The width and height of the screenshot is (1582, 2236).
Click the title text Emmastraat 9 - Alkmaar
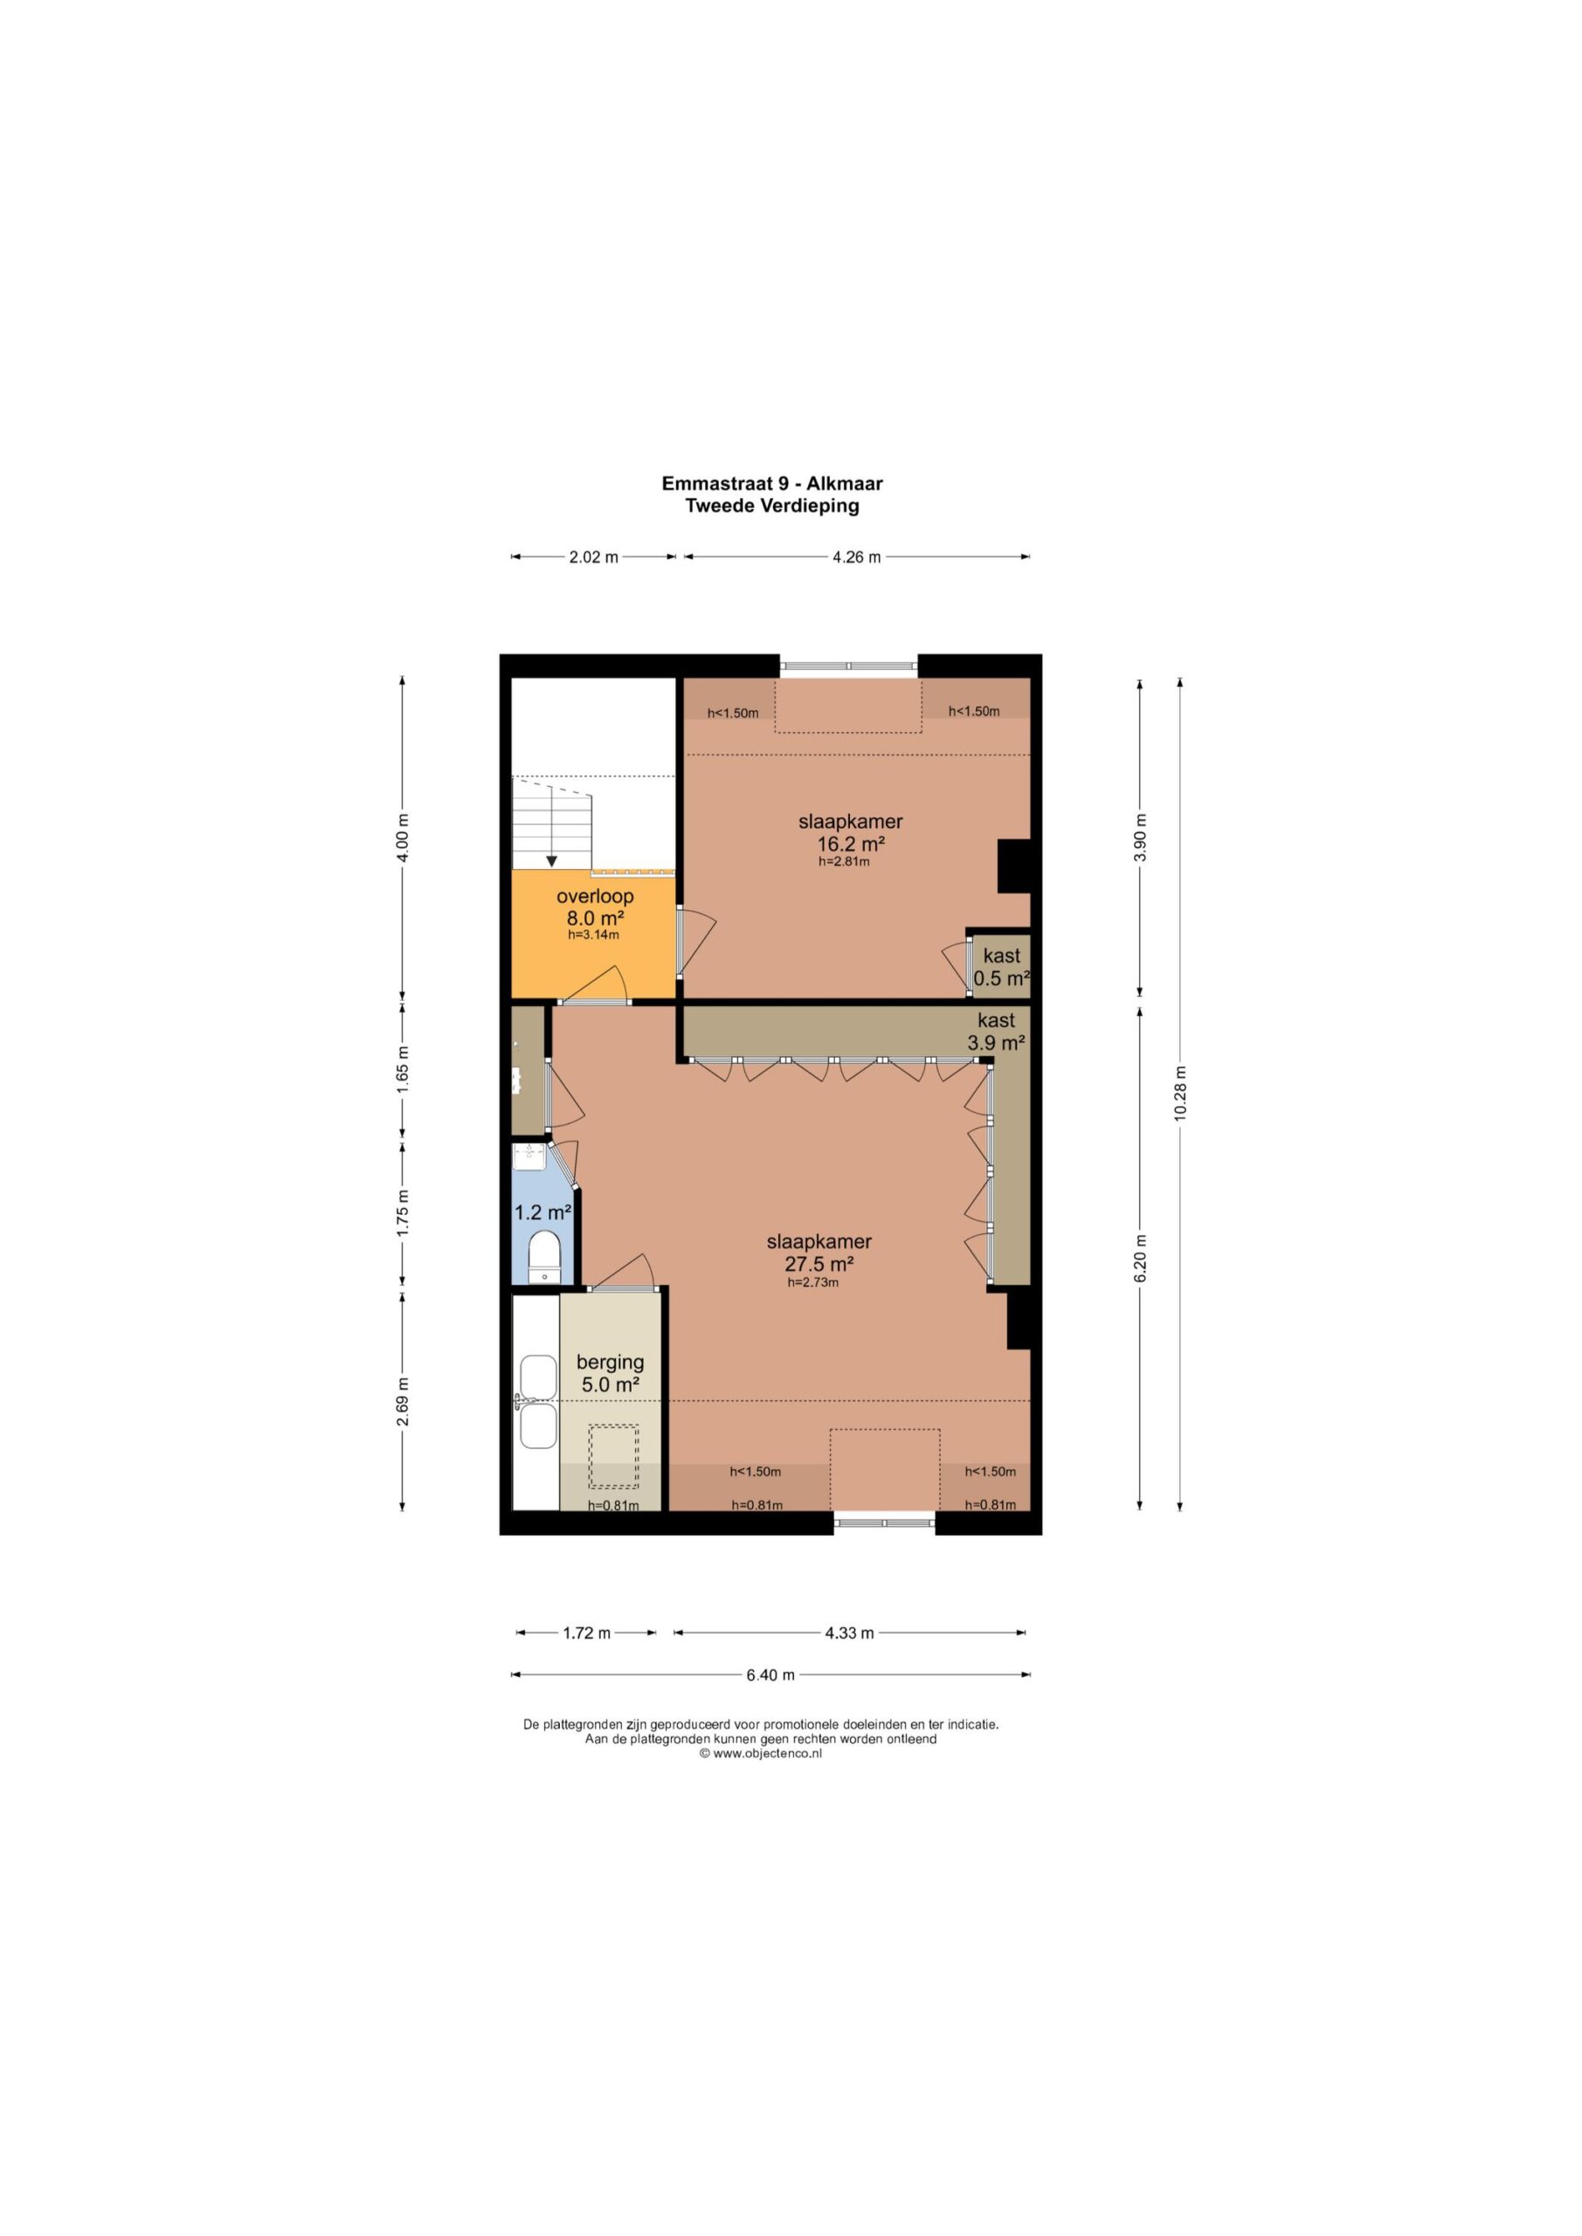771,483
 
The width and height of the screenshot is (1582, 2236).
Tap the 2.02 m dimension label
593,557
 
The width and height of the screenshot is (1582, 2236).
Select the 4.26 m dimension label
856,557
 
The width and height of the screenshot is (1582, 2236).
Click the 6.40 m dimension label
770,1675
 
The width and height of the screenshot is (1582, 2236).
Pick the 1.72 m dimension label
586,1633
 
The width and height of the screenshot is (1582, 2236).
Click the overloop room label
595,896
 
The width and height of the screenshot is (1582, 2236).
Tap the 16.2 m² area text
851,845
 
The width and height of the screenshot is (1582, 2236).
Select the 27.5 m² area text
819,1264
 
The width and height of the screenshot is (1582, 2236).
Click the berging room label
610,1363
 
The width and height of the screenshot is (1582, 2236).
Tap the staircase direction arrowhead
551,861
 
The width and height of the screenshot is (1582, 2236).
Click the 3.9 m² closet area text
996,1043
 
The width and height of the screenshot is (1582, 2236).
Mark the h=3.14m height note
593,935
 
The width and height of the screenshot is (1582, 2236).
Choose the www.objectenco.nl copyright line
761,1754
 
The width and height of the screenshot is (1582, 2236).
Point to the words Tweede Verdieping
771,506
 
